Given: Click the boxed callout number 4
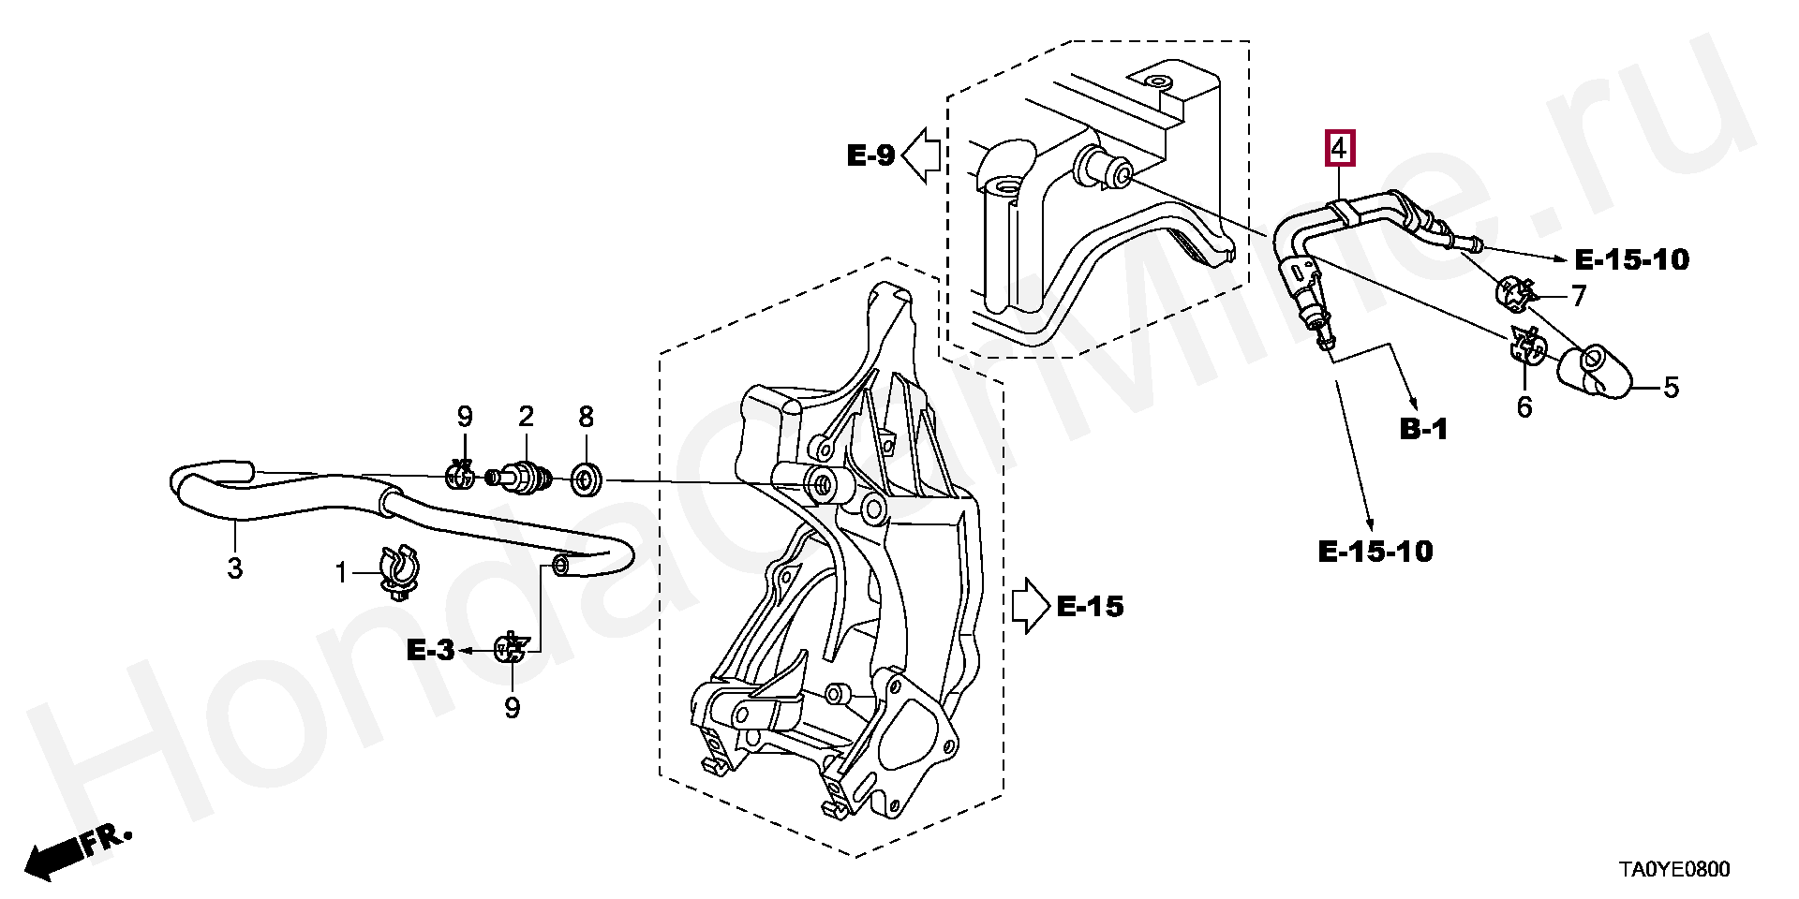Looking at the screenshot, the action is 1339,149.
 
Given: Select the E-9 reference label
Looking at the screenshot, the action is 871,155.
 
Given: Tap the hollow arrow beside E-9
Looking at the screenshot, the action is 922,155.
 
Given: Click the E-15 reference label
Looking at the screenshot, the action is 1090,607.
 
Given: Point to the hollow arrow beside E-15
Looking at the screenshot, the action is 1032,607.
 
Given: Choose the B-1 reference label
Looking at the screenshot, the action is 1423,429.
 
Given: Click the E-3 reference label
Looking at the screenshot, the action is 430,650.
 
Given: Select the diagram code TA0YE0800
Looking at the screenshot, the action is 1675,870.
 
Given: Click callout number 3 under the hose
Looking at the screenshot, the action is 234,567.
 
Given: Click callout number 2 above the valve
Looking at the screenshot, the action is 526,417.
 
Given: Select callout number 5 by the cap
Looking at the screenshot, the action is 1671,387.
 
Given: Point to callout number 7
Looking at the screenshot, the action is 1579,296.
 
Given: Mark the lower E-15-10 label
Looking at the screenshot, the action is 1375,552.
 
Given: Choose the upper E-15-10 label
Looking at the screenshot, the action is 1631,259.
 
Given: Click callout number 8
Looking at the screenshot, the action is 586,417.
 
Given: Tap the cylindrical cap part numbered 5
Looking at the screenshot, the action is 1595,374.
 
